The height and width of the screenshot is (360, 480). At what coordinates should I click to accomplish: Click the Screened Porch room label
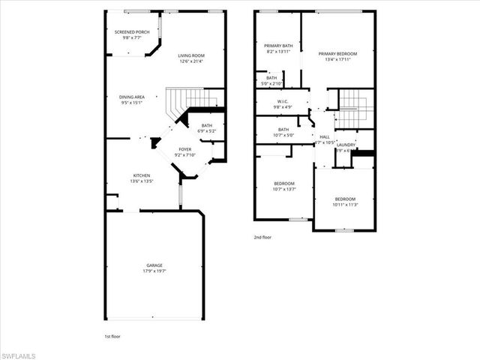point(132,32)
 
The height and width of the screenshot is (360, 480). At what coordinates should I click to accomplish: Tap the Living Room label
point(191,56)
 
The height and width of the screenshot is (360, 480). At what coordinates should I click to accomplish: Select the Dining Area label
point(132,96)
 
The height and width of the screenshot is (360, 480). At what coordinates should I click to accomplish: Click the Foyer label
point(184,149)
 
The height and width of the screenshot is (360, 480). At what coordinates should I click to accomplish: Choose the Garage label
point(154,265)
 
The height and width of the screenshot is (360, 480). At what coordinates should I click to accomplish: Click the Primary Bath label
point(277,46)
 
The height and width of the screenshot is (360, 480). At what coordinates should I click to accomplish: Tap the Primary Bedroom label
point(337,54)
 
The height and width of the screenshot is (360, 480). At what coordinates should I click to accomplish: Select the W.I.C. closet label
point(283,101)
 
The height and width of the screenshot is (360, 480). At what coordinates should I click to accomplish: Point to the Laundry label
point(346,144)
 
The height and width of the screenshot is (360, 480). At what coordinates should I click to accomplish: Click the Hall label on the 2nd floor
point(325,136)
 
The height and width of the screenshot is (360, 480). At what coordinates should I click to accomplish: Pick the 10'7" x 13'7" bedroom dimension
point(284,189)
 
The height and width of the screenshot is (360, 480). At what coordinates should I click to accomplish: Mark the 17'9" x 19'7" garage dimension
point(154,271)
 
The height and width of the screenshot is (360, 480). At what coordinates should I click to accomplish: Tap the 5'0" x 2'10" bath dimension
point(271,83)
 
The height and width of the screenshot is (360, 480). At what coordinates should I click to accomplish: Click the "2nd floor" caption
point(262,237)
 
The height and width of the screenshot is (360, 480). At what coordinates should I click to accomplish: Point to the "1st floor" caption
point(112,337)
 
